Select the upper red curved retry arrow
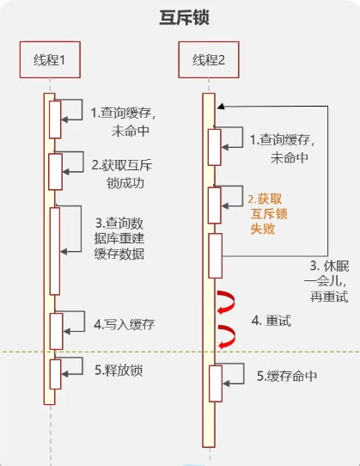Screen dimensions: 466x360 click(227, 304)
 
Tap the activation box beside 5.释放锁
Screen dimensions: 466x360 click(55, 373)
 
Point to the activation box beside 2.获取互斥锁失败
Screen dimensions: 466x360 click(214, 205)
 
